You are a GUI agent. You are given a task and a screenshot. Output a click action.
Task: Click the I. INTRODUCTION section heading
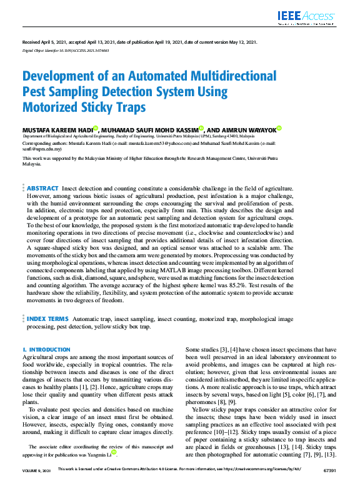[x=46, y=350]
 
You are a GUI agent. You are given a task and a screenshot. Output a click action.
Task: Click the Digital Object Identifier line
[x=56, y=49]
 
